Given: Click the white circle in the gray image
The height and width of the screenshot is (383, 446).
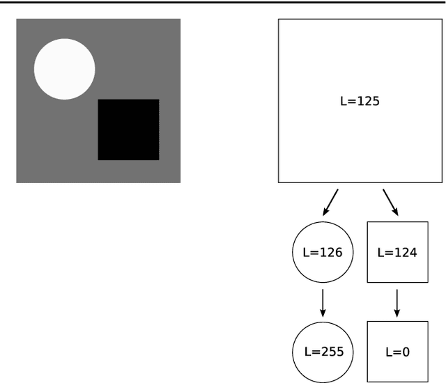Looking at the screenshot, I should (x=64, y=69).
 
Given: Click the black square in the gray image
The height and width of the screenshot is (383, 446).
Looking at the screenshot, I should (x=128, y=130).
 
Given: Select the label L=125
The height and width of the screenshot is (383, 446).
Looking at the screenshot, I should (x=359, y=101).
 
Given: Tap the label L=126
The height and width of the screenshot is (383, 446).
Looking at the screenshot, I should (x=323, y=252).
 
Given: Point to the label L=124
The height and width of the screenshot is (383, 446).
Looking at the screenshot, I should (x=397, y=252).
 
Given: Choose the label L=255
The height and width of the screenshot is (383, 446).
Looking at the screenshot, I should (x=323, y=351).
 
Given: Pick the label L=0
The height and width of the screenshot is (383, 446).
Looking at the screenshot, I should (x=397, y=351).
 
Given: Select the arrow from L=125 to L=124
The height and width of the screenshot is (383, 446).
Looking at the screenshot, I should (x=391, y=201).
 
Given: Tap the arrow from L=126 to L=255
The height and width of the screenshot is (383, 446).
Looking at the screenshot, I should (x=323, y=301).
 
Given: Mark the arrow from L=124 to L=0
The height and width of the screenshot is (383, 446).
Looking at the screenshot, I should (x=397, y=301).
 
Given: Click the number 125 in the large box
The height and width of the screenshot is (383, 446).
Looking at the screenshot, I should (x=369, y=101).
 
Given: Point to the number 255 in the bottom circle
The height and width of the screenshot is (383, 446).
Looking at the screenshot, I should (x=332, y=351).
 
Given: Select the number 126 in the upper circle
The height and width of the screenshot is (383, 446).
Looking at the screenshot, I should (x=332, y=252).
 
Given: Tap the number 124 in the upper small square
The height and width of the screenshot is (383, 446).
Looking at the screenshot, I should (x=406, y=252).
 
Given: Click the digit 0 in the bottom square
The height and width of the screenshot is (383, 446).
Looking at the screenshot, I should (x=406, y=351).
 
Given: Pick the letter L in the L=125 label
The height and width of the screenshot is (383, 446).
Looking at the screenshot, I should (x=343, y=101).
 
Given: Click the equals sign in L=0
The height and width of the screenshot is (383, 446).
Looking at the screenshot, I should (x=397, y=352).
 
